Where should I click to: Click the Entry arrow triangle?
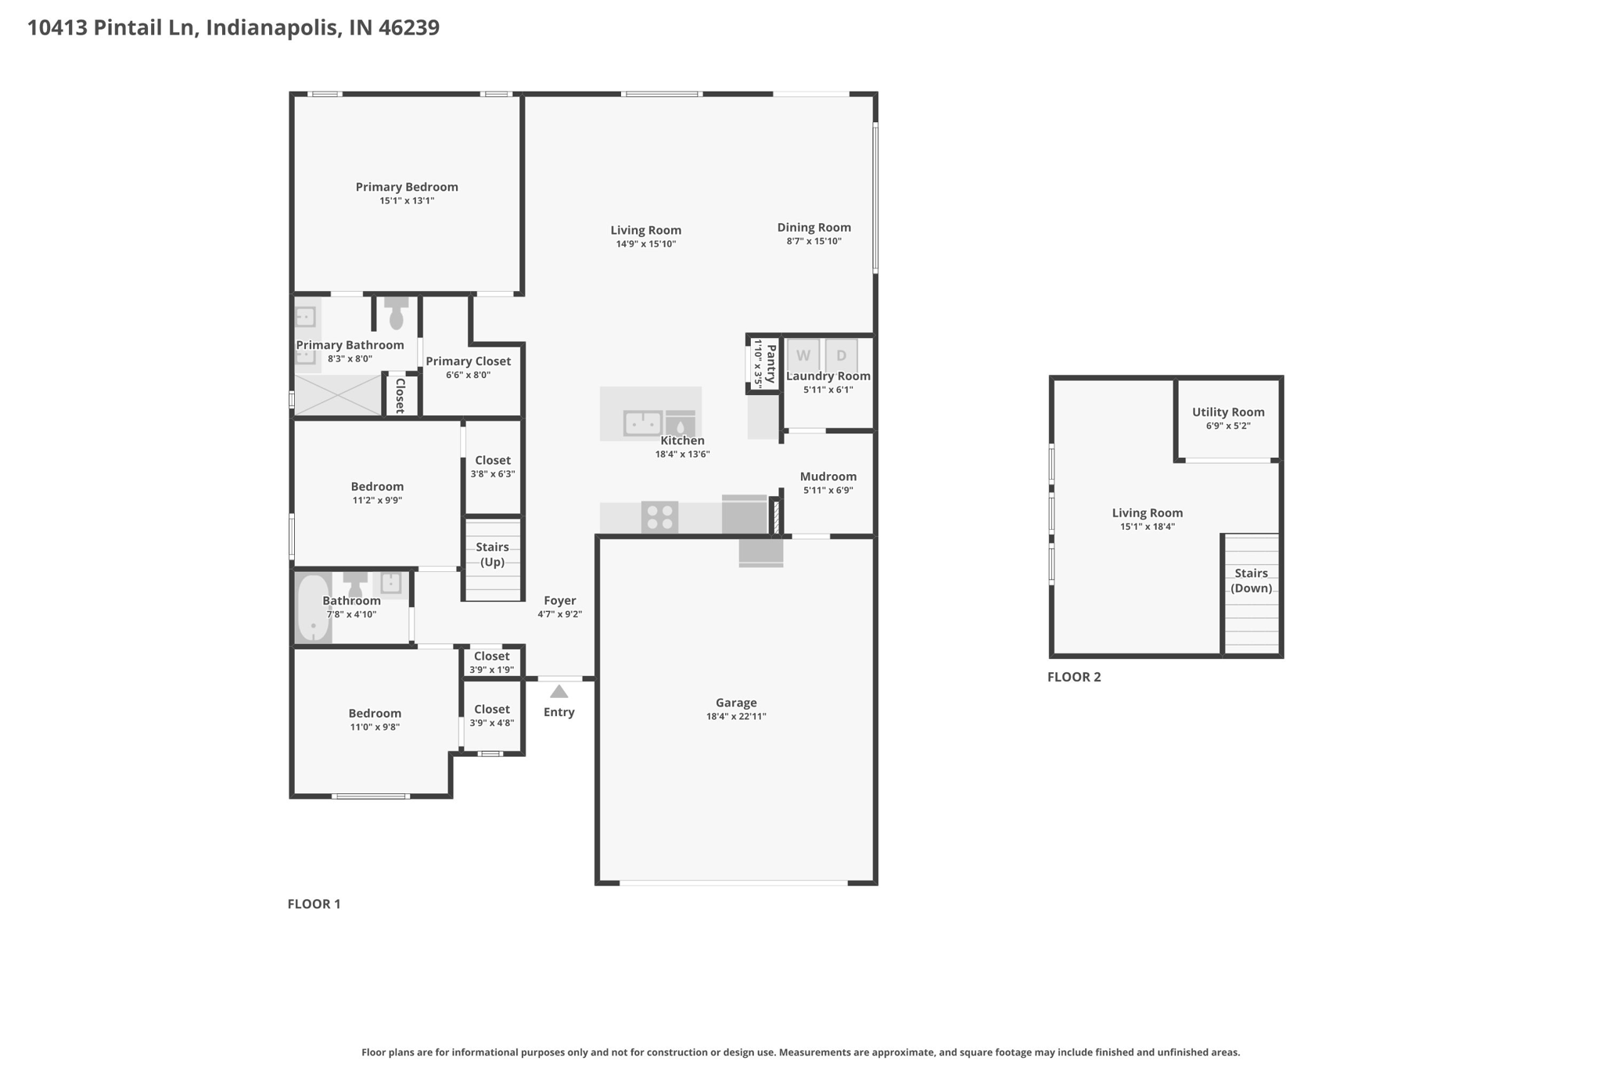click(559, 692)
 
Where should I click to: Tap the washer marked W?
click(803, 355)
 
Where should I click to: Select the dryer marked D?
click(842, 355)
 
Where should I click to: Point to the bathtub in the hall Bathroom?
click(314, 608)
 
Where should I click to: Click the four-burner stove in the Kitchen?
click(659, 517)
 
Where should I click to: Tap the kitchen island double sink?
click(643, 423)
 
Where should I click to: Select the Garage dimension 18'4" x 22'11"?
click(736, 717)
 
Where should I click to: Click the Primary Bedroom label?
click(407, 187)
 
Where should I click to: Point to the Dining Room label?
click(814, 228)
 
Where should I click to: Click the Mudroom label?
click(828, 476)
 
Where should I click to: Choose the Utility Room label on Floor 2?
click(1228, 412)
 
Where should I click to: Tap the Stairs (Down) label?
click(1252, 581)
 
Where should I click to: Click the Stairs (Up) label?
click(493, 555)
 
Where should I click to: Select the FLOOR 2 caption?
click(1074, 677)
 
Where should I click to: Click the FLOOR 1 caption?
click(314, 904)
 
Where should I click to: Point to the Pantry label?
click(771, 364)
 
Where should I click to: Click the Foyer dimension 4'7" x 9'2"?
click(559, 615)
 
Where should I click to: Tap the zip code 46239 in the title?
click(409, 27)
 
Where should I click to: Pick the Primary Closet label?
click(469, 361)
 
